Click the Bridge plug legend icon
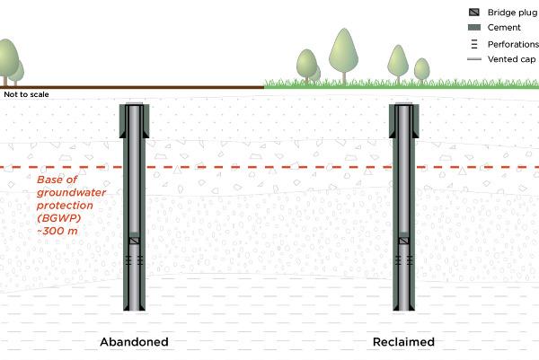[474, 13]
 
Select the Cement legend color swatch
[474, 28]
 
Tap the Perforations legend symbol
[474, 44]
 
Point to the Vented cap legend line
[474, 59]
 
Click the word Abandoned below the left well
[134, 342]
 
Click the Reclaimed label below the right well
[403, 342]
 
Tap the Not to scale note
[26, 94]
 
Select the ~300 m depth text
[57, 231]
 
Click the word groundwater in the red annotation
[71, 192]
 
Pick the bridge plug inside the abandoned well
[134, 241]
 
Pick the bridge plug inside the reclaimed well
[403, 241]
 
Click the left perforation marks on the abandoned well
[128, 260]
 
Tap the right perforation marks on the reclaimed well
[410, 260]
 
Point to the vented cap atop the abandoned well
[134, 103]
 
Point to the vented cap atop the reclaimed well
[403, 103]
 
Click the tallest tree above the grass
[344, 55]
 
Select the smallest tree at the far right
[422, 70]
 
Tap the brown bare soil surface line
[132, 87]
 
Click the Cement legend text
[504, 28]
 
